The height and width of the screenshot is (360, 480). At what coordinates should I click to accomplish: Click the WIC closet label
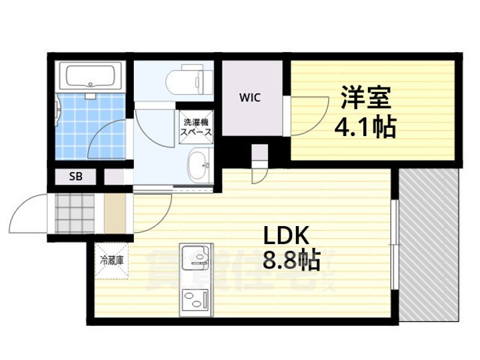pos(251,97)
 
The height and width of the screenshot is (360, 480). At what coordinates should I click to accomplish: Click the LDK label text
pos(287,236)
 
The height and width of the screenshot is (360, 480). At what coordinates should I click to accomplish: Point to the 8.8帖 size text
pos(289,259)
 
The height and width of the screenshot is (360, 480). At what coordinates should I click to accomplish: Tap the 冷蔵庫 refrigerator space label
pos(111,259)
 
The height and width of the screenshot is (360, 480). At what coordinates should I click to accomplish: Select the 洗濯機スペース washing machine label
pos(197,127)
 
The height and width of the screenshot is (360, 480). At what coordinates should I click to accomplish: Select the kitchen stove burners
pos(194,297)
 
